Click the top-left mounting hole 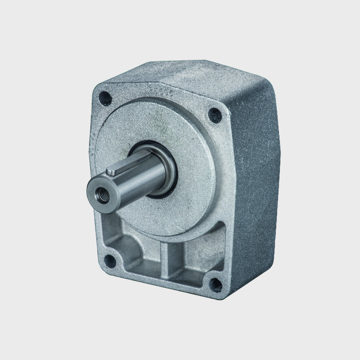tap(105, 96)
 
